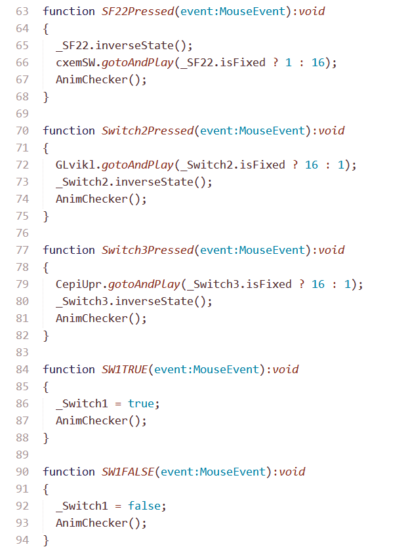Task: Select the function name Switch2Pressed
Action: pyautogui.click(x=148, y=131)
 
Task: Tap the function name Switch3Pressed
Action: pyautogui.click(x=148, y=250)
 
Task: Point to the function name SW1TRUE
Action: pyautogui.click(x=125, y=369)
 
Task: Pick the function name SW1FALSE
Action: pyautogui.click(x=128, y=472)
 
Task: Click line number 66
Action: pyautogui.click(x=22, y=62)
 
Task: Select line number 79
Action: pyautogui.click(x=22, y=284)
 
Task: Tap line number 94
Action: pyautogui.click(x=22, y=540)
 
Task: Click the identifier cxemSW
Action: pyautogui.click(x=75, y=62)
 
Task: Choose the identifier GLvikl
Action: pyautogui.click(x=75, y=165)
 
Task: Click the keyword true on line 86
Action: pyautogui.click(x=141, y=403)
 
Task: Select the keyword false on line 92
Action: pyautogui.click(x=144, y=506)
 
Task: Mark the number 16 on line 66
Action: pyautogui.click(x=318, y=62)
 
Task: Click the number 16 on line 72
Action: pyautogui.click(x=312, y=165)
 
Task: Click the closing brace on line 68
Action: pyautogui.click(x=46, y=96)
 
